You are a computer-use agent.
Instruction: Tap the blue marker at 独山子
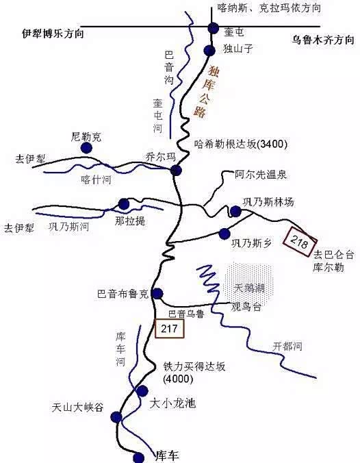point(209,49)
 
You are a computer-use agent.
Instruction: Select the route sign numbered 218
point(301,240)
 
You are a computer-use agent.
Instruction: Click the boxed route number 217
point(170,329)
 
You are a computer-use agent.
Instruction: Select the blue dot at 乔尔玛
point(176,171)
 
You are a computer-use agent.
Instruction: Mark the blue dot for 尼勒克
point(86,148)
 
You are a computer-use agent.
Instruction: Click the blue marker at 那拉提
point(124,203)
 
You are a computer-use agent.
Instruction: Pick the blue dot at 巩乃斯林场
point(235,212)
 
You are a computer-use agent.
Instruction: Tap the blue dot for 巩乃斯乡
point(224,234)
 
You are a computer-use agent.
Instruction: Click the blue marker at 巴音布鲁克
point(157,294)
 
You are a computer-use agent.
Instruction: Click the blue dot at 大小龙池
point(142,391)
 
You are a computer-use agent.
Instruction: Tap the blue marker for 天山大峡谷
point(117,416)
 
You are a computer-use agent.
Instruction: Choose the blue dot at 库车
point(140,457)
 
